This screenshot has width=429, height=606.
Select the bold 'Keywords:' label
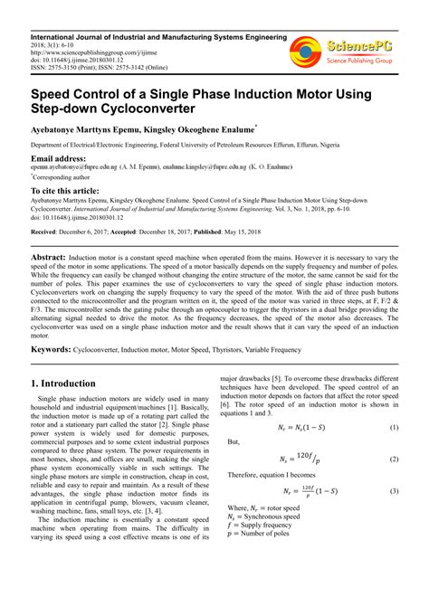point(52,348)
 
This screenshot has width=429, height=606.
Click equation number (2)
point(394,459)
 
